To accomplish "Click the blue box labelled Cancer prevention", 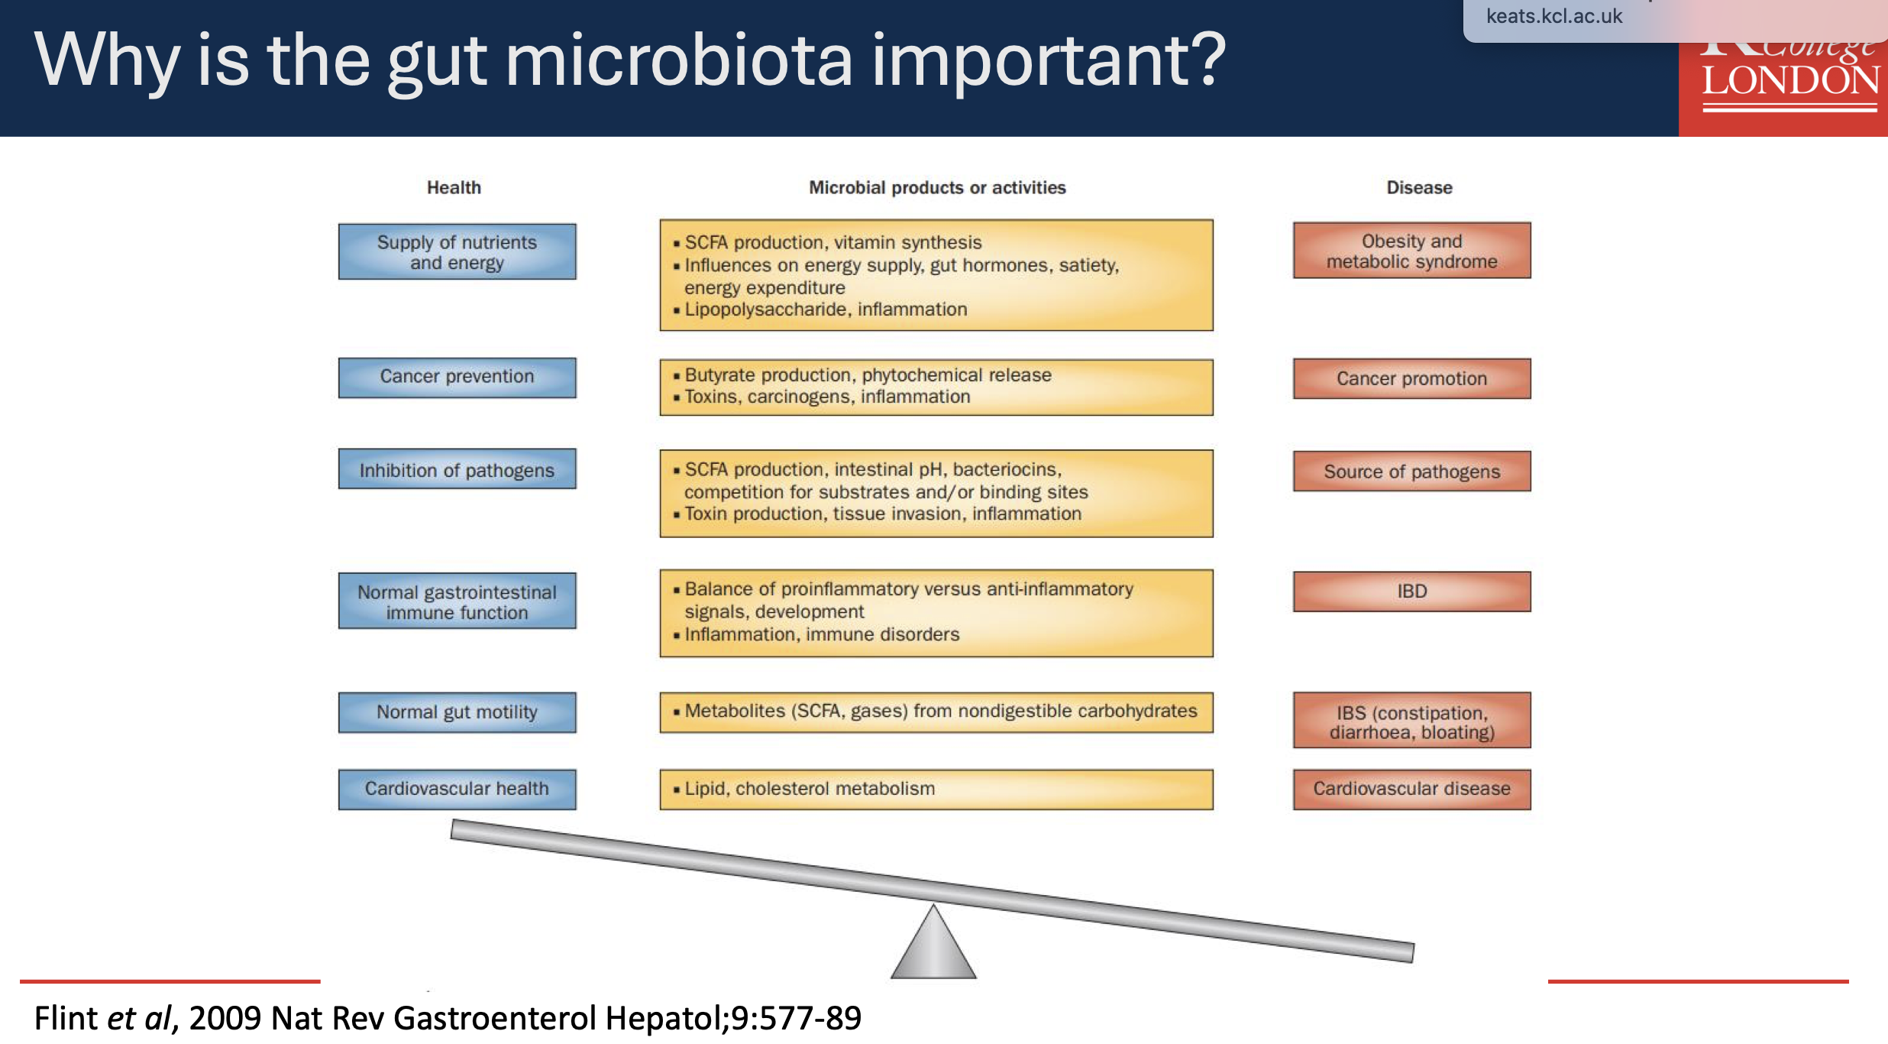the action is tap(457, 378).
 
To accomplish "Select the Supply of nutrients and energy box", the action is tap(457, 251).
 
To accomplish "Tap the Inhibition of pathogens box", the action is tap(457, 469).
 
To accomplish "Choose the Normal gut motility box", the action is tap(457, 712).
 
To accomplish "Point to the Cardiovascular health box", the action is tap(457, 789).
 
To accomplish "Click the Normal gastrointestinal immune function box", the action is tap(457, 601).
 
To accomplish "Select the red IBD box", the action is tap(1411, 592).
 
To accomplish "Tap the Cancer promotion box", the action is tap(1411, 378).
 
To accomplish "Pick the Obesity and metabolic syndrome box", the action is tap(1411, 251).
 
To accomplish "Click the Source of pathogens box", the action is tap(1411, 472).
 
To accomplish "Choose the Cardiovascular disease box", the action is tap(1411, 789).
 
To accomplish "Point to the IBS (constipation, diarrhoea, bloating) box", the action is tap(1411, 721).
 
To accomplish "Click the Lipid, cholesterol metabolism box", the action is tap(936, 789).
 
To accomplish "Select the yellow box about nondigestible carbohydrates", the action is tap(936, 712).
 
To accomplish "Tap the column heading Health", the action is tap(454, 187).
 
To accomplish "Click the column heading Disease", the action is tap(1419, 187).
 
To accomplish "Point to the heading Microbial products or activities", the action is tap(937, 187).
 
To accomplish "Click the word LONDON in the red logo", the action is tap(1790, 81).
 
